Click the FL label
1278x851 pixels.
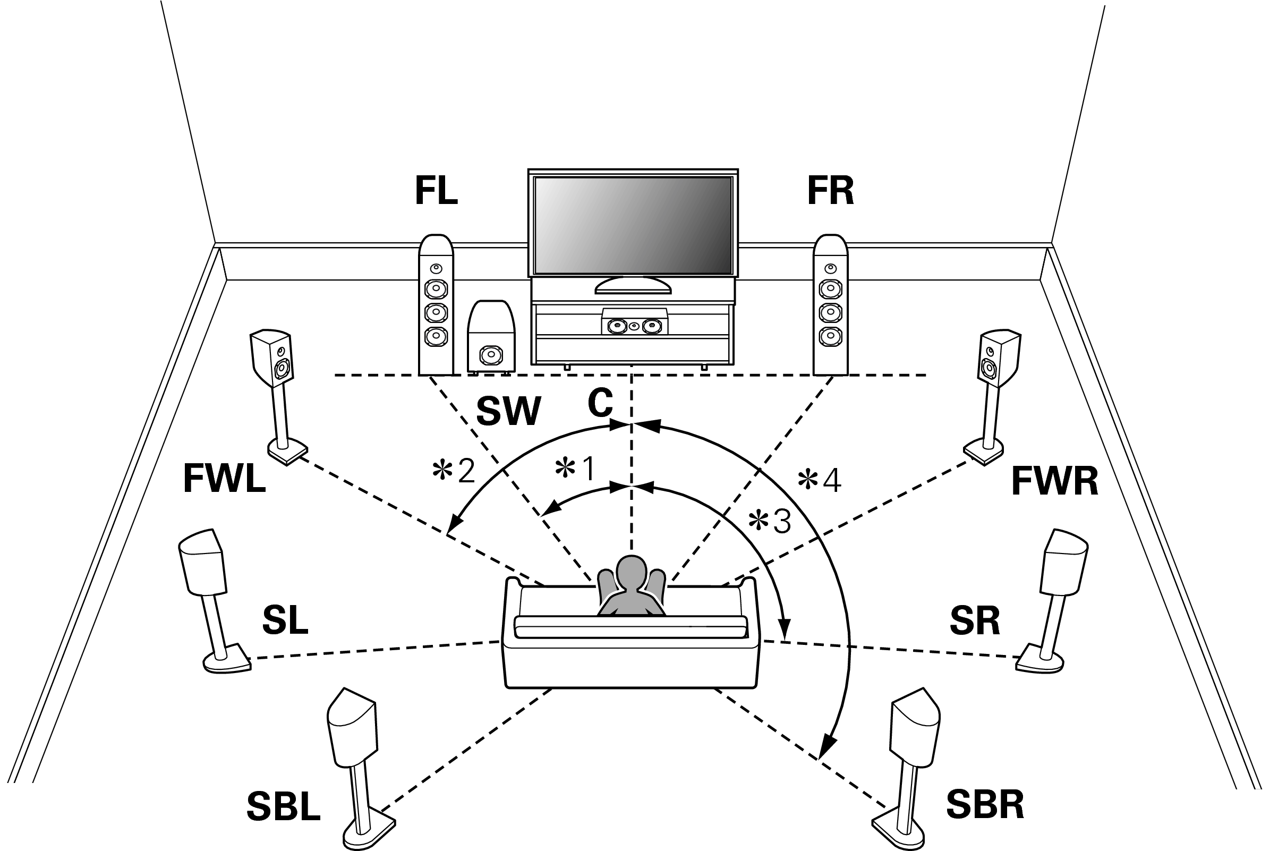(436, 191)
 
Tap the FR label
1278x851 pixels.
(830, 191)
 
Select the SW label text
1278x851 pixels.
(508, 411)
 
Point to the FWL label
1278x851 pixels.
(224, 478)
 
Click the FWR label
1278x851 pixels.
(1054, 481)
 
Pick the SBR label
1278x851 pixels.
(984, 804)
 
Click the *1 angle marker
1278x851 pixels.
(575, 469)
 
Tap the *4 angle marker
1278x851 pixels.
(820, 480)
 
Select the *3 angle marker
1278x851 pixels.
(770, 522)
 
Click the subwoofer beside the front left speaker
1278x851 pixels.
(491, 336)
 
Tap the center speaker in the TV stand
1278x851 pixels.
(634, 326)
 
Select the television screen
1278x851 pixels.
(633, 225)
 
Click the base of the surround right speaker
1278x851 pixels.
(1040, 661)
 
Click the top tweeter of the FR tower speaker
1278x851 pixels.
(829, 268)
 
